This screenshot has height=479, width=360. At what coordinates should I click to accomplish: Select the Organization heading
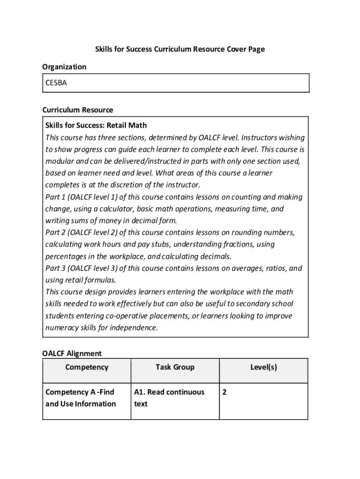click(65, 67)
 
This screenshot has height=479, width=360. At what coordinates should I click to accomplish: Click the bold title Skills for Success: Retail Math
click(96, 125)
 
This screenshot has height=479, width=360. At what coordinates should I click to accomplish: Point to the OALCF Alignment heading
click(72, 353)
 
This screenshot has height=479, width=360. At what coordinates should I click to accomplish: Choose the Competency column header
click(86, 367)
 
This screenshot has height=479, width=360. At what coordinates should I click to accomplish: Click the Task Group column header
click(175, 367)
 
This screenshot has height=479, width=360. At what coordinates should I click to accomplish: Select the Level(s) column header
click(263, 367)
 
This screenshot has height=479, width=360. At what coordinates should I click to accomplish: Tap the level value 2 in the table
click(225, 392)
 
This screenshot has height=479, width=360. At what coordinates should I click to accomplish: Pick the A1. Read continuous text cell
click(169, 398)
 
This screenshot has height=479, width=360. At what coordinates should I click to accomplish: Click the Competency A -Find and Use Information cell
click(80, 398)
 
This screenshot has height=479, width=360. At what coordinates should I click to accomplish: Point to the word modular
click(59, 161)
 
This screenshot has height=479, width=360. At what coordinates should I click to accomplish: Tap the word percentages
click(65, 256)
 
